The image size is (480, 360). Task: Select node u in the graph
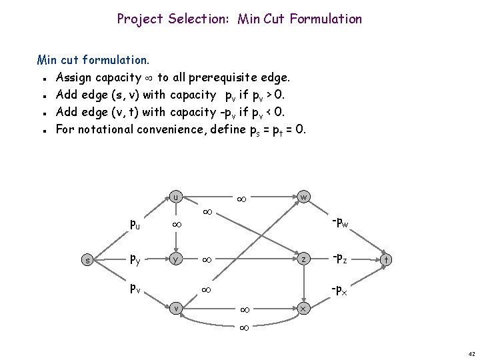point(175,197)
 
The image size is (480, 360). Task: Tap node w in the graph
point(303,197)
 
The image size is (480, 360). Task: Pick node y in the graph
point(175,259)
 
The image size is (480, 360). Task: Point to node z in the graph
point(303,259)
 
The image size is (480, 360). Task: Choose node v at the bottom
point(175,308)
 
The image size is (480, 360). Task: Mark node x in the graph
point(303,309)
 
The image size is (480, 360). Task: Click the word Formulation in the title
point(323,19)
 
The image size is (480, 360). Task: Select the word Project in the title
point(139,19)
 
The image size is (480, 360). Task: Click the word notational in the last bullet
point(107,129)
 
